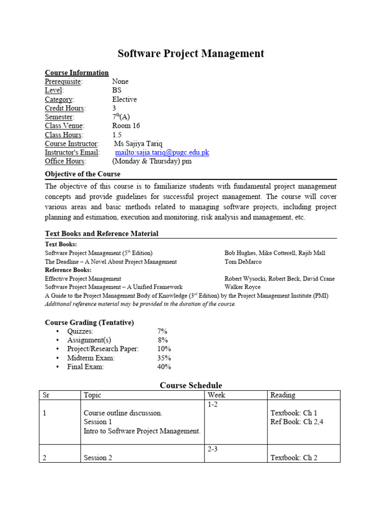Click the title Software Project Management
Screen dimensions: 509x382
pos(191,54)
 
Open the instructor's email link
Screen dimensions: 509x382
pos(162,153)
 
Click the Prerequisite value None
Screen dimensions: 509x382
pos(120,82)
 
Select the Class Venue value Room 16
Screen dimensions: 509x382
pos(126,126)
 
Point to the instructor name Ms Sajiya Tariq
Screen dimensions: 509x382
pos(138,144)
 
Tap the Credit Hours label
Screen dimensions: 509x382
pos(65,108)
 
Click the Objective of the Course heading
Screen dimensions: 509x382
pos(83,174)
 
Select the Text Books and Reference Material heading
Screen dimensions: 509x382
pos(102,234)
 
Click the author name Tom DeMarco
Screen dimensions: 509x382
pos(243,262)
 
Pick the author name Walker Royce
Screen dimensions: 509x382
pos(243,287)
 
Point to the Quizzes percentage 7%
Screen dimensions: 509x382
pos(163,332)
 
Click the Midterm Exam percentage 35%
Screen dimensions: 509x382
pos(164,358)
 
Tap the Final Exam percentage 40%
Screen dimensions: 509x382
pos(164,367)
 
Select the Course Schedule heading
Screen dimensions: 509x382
pos(191,385)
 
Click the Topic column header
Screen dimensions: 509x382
pos(93,395)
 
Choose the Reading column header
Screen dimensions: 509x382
pos(283,395)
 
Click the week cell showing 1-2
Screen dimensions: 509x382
pos(213,405)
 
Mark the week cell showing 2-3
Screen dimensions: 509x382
pos(213,449)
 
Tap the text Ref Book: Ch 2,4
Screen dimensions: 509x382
pos(296,422)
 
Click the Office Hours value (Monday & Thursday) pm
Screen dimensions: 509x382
pos(152,162)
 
